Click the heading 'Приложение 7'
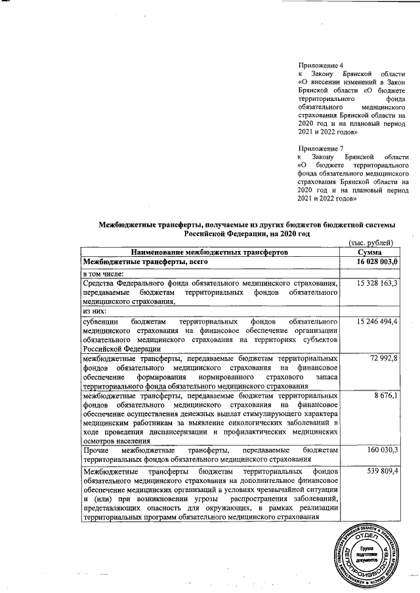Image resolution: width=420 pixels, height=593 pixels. [321, 148]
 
